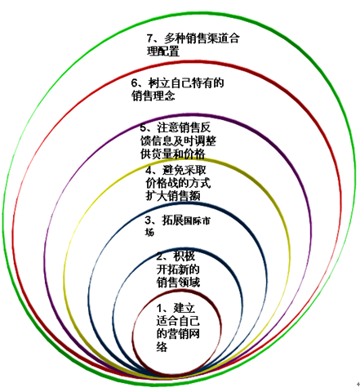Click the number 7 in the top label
pyautogui.click(x=149, y=38)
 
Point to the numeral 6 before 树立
pyautogui.click(x=134, y=82)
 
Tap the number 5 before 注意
pyautogui.click(x=143, y=127)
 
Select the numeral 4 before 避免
pyautogui.click(x=149, y=171)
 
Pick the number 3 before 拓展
pyautogui.click(x=148, y=220)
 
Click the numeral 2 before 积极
pyautogui.click(x=160, y=256)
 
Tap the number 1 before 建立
pyautogui.click(x=159, y=308)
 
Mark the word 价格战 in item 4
pyautogui.click(x=162, y=183)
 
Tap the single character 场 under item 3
pyautogui.click(x=149, y=232)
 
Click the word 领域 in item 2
pyautogui.click(x=189, y=283)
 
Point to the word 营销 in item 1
pyautogui.click(x=178, y=334)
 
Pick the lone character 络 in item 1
pyautogui.click(x=162, y=347)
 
